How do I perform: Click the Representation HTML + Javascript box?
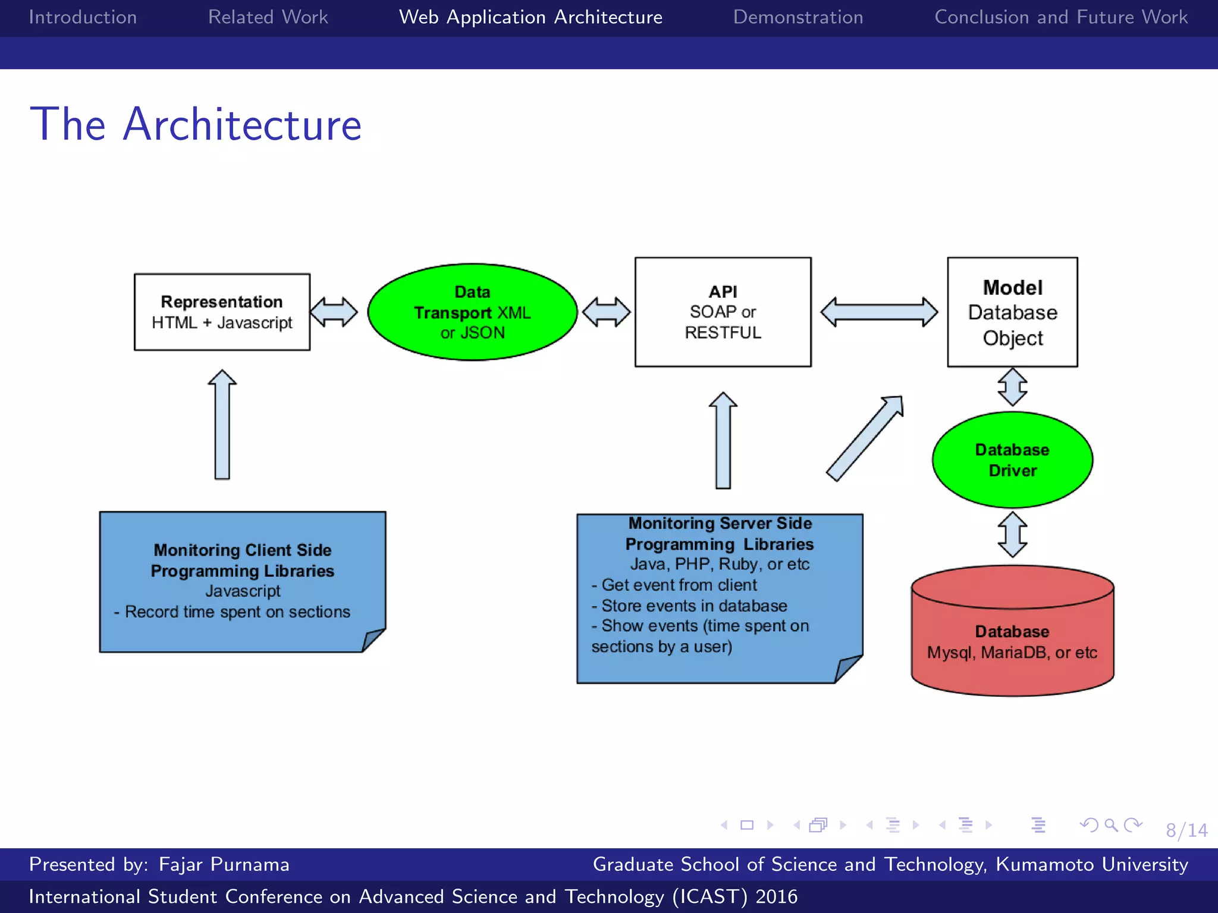point(222,312)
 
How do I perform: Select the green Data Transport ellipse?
point(472,312)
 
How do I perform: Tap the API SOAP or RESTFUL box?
point(723,312)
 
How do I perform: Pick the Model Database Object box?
point(1012,312)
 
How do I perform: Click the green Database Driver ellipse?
point(1012,459)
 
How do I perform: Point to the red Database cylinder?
point(1012,642)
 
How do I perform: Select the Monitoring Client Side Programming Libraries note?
point(242,581)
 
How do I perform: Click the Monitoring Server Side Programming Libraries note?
point(719,597)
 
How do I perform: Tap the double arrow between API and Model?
point(879,312)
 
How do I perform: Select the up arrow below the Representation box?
point(222,425)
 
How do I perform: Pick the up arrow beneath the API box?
point(723,441)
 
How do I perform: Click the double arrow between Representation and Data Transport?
point(334,312)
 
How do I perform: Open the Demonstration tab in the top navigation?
point(798,17)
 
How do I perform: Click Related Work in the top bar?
point(268,17)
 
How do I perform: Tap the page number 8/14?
point(1186,830)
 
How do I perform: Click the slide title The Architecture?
point(196,124)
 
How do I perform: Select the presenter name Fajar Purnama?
point(224,864)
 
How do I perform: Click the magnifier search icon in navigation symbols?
point(1110,825)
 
